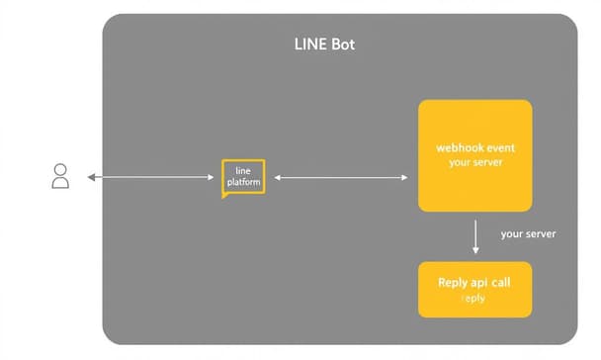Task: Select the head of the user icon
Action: (x=60, y=170)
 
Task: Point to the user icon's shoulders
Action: (x=60, y=183)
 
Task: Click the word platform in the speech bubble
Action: (x=243, y=183)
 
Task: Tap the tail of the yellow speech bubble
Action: (x=226, y=196)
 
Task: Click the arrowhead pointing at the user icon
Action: (x=91, y=178)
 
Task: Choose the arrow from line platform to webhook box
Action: (x=340, y=178)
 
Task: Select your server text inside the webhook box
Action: (x=474, y=162)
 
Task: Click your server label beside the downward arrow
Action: (x=528, y=234)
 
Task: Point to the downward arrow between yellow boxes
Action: (x=475, y=236)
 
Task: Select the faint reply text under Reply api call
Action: (x=474, y=299)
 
